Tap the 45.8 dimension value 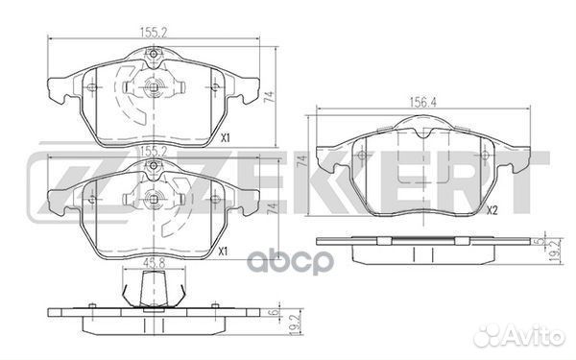153,263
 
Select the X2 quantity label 492,210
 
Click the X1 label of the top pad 225,138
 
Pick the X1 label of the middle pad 223,252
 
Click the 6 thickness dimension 273,311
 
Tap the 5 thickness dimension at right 540,241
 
